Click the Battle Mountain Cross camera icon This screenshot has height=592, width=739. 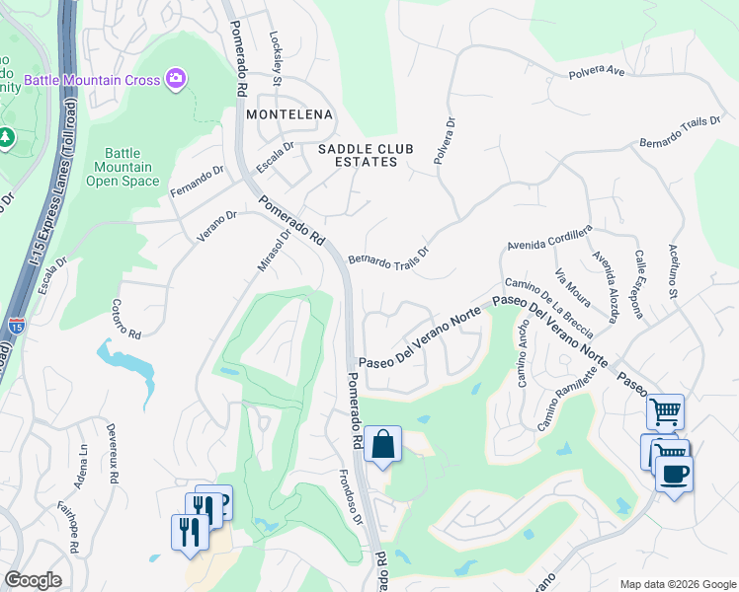tap(177, 79)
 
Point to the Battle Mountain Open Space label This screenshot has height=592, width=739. tap(123, 167)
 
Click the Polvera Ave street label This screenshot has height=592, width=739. tap(597, 72)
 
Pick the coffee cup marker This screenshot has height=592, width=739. tap(674, 474)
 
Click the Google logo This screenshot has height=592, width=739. tap(34, 580)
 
